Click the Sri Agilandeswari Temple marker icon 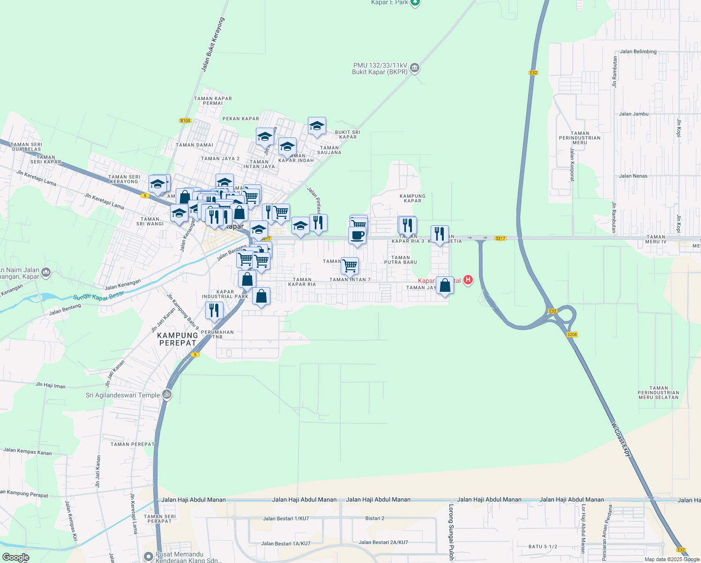coord(166,395)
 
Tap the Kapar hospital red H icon coord(468,280)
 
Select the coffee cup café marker coord(357,235)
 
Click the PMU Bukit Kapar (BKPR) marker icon coord(415,68)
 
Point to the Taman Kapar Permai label coord(213,101)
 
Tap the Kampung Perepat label coord(178,339)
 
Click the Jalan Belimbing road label coord(638,52)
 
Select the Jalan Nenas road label coord(633,176)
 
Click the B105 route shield coord(185,121)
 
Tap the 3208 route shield coord(572,335)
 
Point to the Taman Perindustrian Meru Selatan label coord(658,393)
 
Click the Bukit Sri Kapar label coord(348,135)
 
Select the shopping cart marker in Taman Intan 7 coord(350,266)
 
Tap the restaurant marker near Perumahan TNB coord(214,310)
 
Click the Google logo coord(16,557)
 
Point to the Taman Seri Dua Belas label coord(26,147)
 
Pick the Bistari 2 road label coord(375,518)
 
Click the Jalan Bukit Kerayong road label coord(213,45)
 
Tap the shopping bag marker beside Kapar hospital coord(445,285)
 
